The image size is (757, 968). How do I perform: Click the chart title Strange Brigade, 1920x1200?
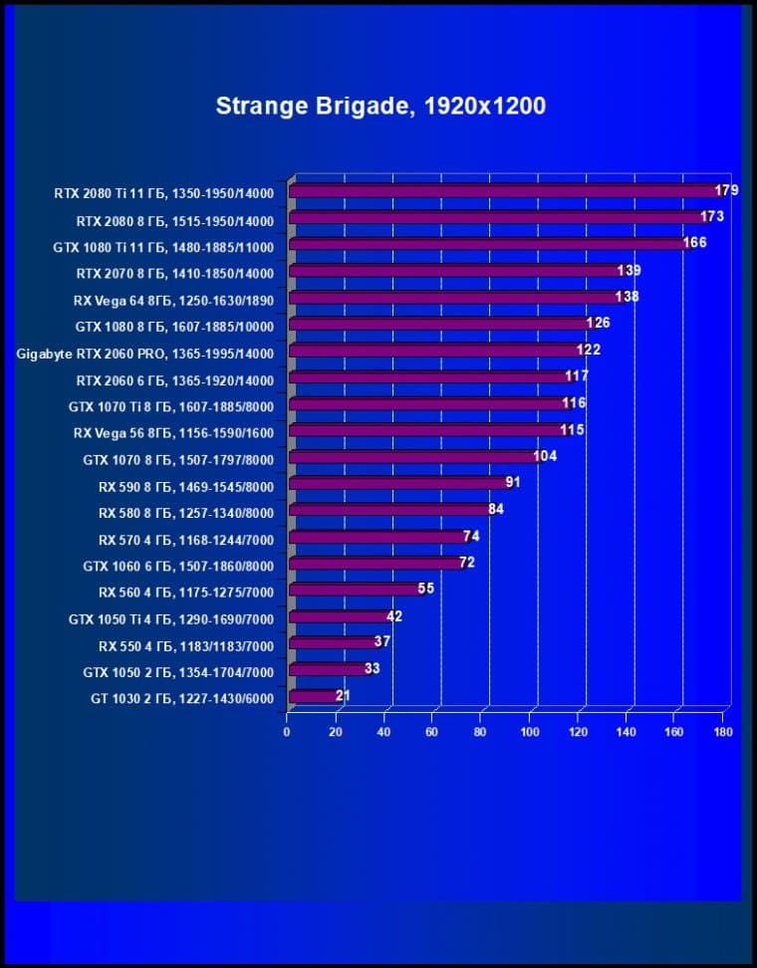point(380,106)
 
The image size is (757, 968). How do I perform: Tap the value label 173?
point(712,217)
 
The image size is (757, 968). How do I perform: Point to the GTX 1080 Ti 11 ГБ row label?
point(163,246)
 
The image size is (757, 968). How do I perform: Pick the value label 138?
point(627,297)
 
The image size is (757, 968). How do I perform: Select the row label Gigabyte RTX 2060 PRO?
point(144,353)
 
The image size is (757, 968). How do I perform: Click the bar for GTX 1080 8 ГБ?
point(439,325)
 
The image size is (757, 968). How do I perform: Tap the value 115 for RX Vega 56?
point(572,430)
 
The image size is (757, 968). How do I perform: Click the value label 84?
point(496,510)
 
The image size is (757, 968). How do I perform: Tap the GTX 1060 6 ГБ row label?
point(178,566)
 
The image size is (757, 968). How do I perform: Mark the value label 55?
point(426,589)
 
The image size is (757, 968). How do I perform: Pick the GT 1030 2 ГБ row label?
point(181,699)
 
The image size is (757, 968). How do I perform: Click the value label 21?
point(343,695)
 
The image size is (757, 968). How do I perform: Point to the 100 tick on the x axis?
point(529,732)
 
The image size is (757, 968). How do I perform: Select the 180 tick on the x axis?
point(723,732)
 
